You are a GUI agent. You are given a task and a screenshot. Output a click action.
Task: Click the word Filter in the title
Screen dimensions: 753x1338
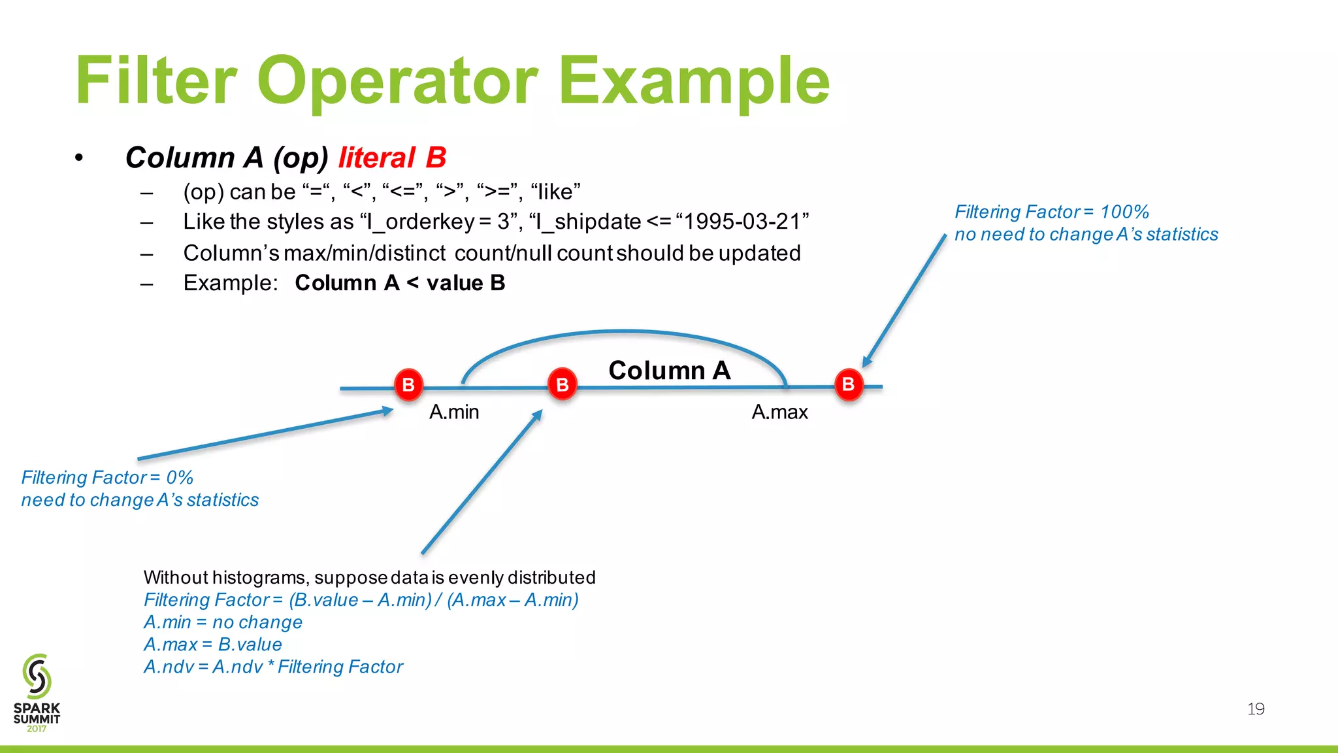click(x=155, y=81)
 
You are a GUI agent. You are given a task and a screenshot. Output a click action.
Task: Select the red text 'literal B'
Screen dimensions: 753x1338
click(x=392, y=158)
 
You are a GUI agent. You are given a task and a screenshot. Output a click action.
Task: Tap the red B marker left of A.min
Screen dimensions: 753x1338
click(x=408, y=384)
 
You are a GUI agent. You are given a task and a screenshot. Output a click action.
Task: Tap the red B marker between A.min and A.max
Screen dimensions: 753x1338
click(x=562, y=384)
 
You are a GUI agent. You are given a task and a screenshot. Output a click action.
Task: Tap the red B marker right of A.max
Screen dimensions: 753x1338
click(x=848, y=384)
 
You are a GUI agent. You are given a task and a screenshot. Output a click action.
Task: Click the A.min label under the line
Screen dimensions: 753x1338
click(x=454, y=412)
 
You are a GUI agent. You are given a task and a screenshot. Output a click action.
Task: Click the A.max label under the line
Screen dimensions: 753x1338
click(x=779, y=412)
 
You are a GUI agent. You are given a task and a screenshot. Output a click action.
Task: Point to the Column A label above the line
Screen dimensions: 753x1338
click(x=669, y=371)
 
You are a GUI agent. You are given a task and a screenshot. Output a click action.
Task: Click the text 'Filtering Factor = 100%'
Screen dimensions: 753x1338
click(x=1051, y=212)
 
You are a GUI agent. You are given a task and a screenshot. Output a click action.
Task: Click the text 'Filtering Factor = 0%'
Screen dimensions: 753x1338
click(x=107, y=477)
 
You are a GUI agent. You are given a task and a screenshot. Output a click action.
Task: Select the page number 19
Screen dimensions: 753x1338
click(x=1255, y=709)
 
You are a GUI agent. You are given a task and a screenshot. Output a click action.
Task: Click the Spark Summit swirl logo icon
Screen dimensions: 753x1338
click(x=37, y=676)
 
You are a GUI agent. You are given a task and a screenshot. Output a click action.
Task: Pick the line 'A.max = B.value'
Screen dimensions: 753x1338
click(x=213, y=644)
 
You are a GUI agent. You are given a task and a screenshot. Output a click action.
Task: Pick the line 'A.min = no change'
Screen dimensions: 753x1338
click(x=223, y=622)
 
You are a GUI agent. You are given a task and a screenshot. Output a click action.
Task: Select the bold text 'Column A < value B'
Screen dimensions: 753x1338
click(x=400, y=283)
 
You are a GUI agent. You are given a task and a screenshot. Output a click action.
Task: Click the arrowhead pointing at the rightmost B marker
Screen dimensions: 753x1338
click(x=867, y=361)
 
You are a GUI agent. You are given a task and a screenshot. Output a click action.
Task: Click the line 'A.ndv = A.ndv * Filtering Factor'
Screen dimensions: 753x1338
click(x=273, y=667)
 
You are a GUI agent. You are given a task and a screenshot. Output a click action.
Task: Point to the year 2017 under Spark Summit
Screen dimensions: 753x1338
click(x=37, y=729)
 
